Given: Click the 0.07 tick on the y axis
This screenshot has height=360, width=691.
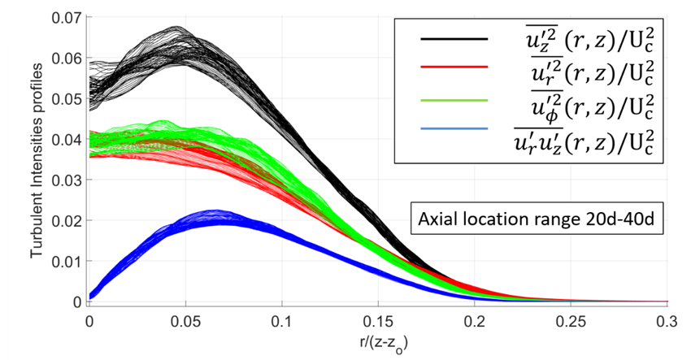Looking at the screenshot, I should click(x=68, y=17).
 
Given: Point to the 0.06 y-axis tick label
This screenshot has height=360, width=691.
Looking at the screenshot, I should click(x=68, y=59).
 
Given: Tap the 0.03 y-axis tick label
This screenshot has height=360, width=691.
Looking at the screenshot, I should click(x=68, y=180).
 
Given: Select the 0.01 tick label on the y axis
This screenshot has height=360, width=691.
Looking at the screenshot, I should click(x=68, y=262).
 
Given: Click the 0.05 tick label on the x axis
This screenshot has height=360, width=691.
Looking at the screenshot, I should click(x=185, y=319).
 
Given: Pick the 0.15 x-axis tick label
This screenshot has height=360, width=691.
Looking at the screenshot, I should click(x=379, y=319).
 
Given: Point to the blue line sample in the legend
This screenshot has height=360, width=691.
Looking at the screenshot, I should click(x=454, y=129).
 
